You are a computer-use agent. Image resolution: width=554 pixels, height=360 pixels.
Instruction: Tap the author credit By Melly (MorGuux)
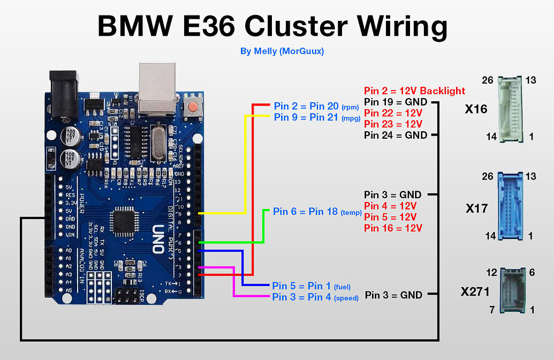click(282, 51)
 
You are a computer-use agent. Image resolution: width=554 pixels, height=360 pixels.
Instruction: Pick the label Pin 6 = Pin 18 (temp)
click(317, 212)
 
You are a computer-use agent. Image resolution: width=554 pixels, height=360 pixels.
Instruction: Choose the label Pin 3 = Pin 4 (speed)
click(315, 297)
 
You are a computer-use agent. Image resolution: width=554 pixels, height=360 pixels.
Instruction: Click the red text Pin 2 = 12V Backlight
click(414, 91)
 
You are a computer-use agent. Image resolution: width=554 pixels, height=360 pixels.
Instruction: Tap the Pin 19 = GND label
click(396, 102)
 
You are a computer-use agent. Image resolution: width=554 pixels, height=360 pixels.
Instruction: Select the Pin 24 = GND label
click(396, 135)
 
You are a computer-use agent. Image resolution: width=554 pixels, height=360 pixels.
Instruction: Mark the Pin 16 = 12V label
click(393, 228)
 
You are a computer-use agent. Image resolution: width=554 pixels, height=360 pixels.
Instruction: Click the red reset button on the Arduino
click(191, 106)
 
